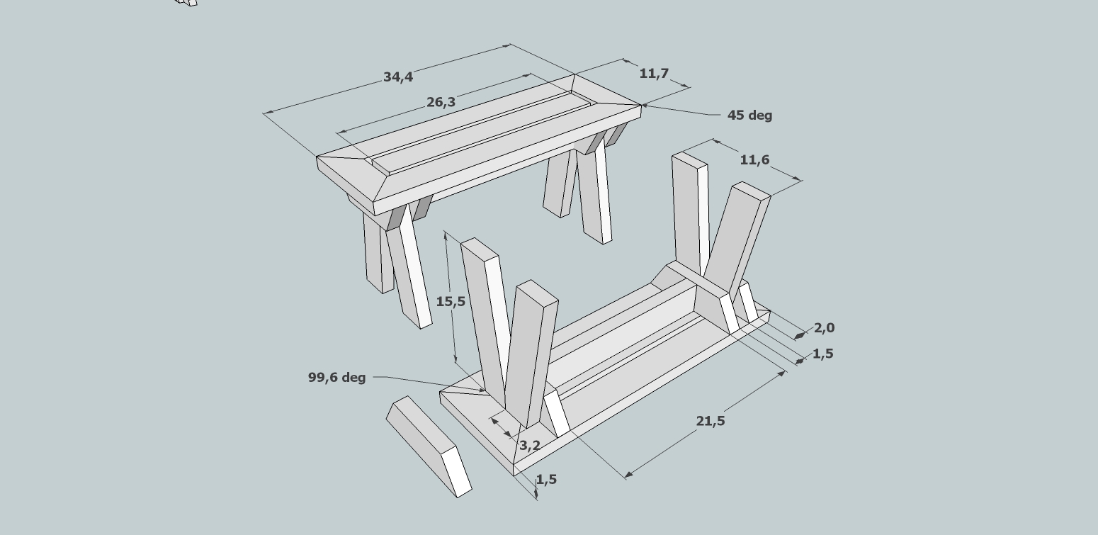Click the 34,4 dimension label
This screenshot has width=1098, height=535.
point(397,77)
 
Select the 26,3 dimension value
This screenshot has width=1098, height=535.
point(441,102)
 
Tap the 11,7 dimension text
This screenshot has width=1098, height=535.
point(654,73)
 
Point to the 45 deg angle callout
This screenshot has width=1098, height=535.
point(749,115)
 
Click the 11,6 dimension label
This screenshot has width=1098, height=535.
point(754,160)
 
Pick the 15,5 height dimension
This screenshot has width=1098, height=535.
point(451,301)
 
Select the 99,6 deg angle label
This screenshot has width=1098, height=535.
point(336,378)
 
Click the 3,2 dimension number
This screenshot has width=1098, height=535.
point(530,445)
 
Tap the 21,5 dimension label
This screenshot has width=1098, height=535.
point(711,421)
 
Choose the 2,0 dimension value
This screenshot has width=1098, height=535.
point(824,327)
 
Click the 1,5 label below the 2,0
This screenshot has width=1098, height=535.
point(822,354)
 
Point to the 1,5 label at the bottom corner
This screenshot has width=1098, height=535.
point(546,479)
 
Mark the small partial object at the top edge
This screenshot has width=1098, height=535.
point(186,2)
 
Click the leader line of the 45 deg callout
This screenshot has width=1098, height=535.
point(680,111)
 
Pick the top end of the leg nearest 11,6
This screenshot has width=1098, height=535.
point(750,191)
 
